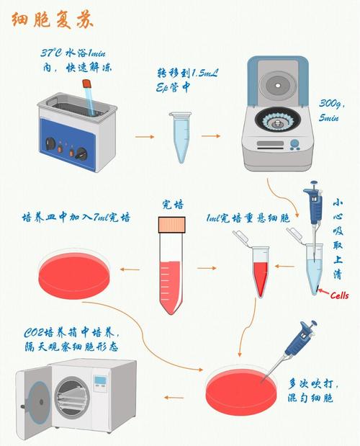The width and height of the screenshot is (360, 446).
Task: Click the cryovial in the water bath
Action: coord(91,97)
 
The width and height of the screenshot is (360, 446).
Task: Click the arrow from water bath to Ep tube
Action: coord(145,135)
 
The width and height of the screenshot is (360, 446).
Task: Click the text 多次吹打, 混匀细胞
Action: coord(320,390)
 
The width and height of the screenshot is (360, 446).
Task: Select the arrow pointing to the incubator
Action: coord(176,396)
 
